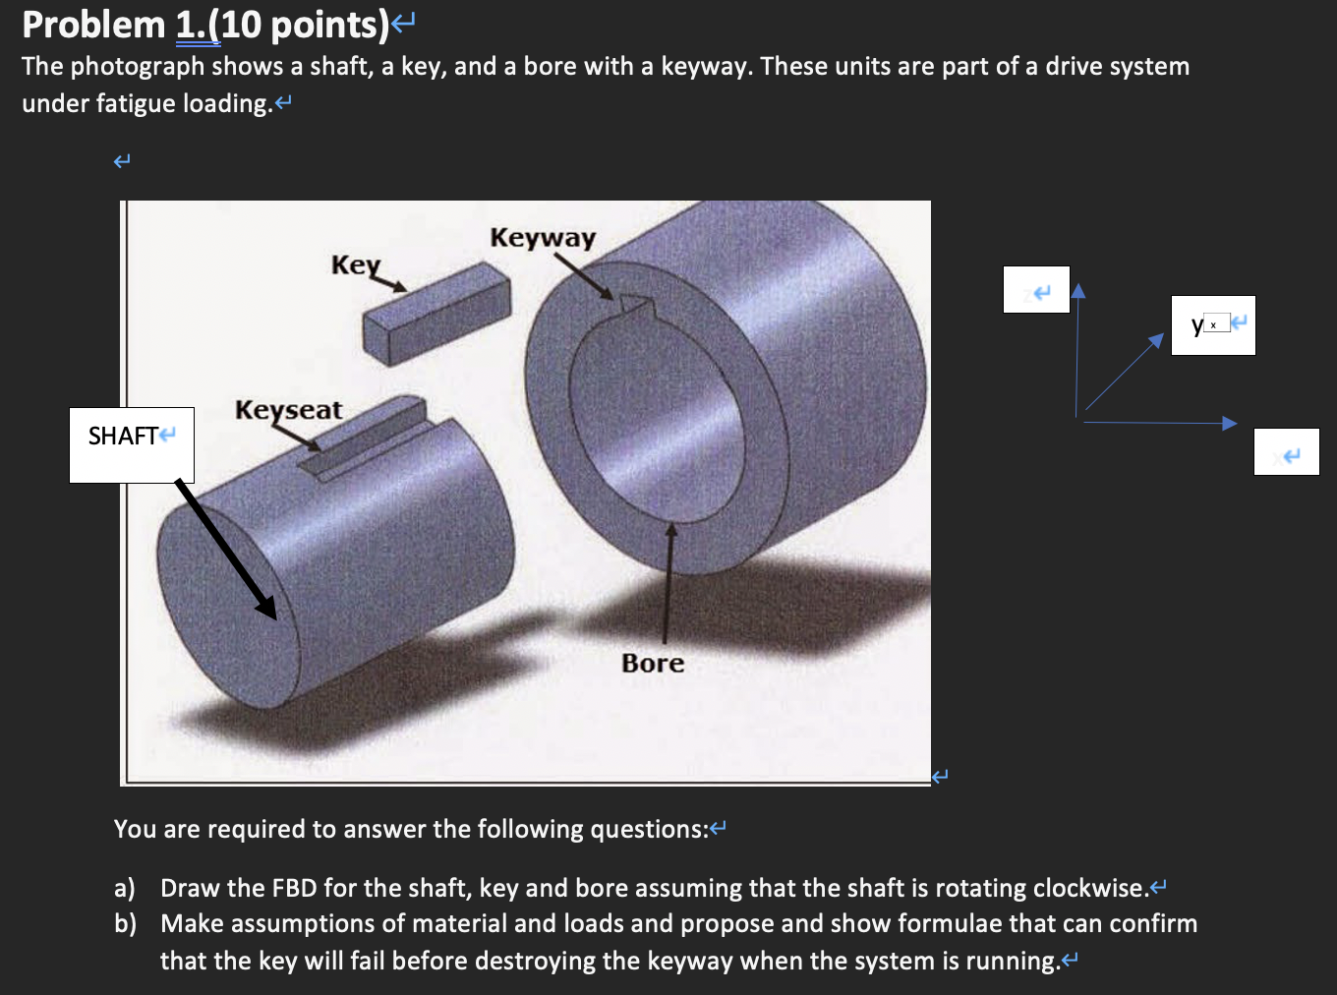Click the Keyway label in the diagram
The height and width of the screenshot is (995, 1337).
click(x=543, y=238)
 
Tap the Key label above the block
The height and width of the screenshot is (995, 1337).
click(x=355, y=265)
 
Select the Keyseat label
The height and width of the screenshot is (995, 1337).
click(x=288, y=410)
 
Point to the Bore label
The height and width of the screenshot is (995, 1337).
click(x=653, y=664)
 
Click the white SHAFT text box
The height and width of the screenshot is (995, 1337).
click(x=132, y=445)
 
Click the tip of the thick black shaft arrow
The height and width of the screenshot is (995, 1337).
click(x=272, y=615)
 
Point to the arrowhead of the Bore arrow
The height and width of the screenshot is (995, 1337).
click(x=671, y=531)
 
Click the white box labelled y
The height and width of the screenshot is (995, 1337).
click(x=1213, y=325)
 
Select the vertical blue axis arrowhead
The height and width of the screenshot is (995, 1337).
click(x=1078, y=290)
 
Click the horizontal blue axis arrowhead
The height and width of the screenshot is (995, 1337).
click(x=1230, y=424)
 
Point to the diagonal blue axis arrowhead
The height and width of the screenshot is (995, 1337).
click(x=1156, y=340)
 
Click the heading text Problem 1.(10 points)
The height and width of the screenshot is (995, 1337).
click(x=205, y=26)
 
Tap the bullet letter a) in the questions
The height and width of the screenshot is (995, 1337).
click(x=124, y=889)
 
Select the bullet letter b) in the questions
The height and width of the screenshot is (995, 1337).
click(x=125, y=924)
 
